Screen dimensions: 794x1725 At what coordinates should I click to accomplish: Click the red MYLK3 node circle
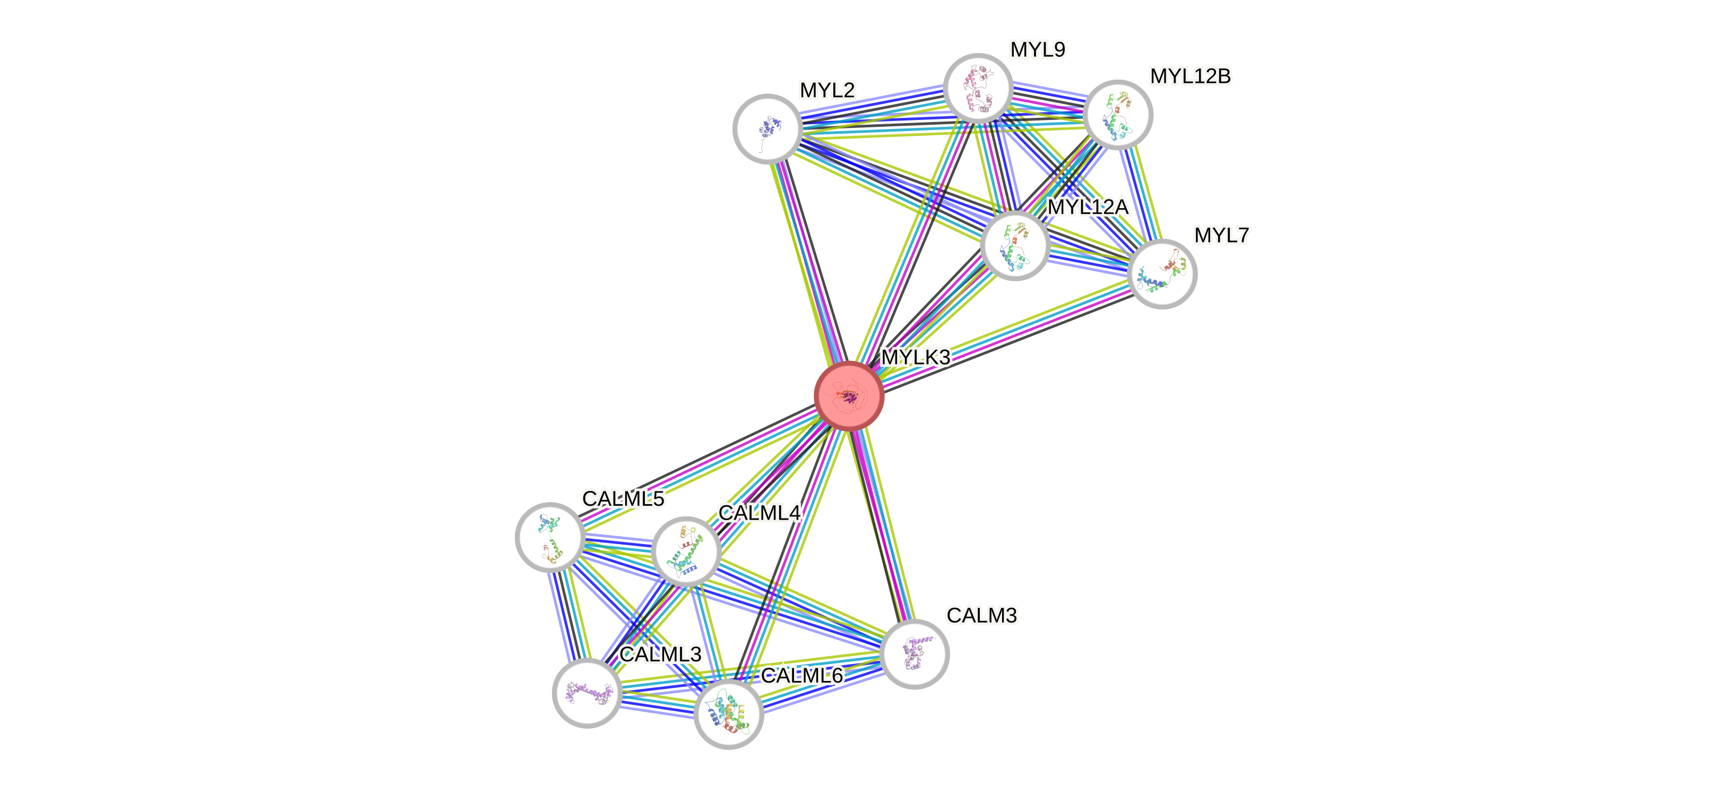tap(849, 395)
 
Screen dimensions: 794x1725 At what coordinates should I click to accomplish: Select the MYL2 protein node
tap(767, 128)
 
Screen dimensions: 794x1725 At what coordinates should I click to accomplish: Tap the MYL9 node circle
tap(978, 88)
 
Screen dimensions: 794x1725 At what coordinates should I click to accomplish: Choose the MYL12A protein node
tap(1014, 245)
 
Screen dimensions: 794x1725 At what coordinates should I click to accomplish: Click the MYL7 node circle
tap(1162, 274)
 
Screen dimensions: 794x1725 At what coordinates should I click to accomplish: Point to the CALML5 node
tap(550, 537)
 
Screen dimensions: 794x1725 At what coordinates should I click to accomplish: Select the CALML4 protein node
tap(686, 551)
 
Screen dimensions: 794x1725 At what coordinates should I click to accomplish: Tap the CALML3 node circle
tap(587, 693)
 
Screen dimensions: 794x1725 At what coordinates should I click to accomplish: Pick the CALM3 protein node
tap(914, 654)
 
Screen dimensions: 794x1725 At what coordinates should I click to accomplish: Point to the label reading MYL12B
tap(1190, 76)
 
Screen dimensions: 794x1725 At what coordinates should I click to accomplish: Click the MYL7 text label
tap(1221, 235)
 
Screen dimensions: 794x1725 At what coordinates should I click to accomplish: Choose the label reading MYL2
tap(827, 90)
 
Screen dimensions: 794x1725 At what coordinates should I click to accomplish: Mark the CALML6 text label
tap(801, 676)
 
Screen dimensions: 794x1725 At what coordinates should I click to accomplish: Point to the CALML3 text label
tap(660, 654)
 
